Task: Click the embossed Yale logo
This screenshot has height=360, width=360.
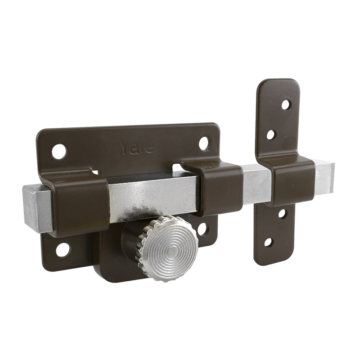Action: click(137, 148)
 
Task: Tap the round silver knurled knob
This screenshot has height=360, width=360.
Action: click(167, 248)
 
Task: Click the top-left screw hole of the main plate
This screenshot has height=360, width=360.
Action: click(59, 152)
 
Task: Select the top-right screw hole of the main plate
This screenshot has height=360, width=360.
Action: click(204, 144)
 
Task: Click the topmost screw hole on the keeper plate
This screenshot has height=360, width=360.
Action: click(286, 105)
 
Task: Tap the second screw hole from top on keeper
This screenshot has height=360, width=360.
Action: click(271, 135)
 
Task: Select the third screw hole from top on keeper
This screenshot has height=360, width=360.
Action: click(282, 214)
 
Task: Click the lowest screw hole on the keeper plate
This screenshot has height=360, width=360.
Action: click(268, 243)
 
